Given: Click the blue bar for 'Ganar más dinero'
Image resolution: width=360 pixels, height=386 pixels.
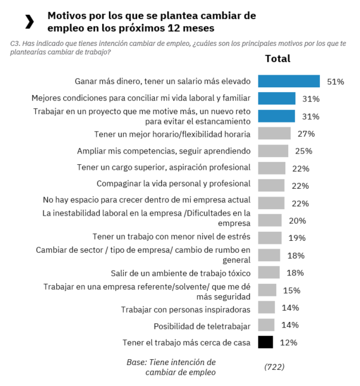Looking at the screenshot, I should tap(289, 81).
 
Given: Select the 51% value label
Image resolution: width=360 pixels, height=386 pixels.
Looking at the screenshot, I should tap(335, 82).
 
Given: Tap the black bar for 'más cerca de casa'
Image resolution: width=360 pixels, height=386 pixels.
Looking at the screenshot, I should tap(266, 342).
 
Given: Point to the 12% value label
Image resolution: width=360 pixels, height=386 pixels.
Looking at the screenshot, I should tap(288, 342).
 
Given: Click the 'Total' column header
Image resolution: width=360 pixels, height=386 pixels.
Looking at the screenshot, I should tap(277, 59).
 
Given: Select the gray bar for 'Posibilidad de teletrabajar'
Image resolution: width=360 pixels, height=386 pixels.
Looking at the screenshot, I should tap(266, 325).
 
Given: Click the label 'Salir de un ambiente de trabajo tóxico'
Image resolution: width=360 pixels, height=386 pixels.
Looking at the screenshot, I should tap(181, 273).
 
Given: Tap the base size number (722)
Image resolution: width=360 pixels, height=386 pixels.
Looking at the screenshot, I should tap(274, 366).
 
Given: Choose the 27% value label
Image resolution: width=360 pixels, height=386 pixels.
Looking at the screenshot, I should tap(306, 134).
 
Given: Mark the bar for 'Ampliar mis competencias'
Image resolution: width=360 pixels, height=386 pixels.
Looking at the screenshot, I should tap(273, 151).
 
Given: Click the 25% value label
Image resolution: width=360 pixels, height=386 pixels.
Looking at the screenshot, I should tap(304, 151).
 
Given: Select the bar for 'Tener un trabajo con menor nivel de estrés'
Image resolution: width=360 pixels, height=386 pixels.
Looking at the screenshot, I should tap(270, 238).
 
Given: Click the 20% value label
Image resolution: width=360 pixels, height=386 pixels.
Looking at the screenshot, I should tap(297, 220).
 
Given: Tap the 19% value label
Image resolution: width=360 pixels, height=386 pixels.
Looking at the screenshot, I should tap(297, 238).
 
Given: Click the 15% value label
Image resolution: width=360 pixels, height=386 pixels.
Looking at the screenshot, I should tap(291, 290).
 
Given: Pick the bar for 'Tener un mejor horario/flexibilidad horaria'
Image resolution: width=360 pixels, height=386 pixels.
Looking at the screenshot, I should tap(274, 134).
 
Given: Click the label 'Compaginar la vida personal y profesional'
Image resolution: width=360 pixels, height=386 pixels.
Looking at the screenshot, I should tap(173, 184).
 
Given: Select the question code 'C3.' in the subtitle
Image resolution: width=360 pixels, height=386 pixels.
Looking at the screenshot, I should tap(16, 43).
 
